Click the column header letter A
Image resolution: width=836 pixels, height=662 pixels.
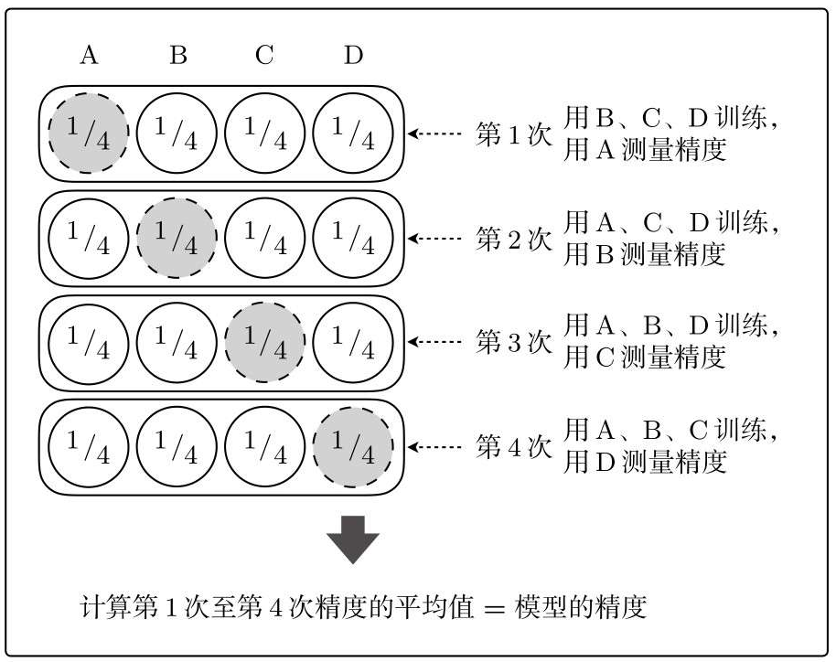point(89,56)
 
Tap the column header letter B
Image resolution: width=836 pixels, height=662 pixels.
point(178,56)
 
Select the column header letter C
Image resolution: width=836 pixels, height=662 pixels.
point(264,56)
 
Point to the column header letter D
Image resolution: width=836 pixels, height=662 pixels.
point(353,56)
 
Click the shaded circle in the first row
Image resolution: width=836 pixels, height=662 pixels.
point(89,133)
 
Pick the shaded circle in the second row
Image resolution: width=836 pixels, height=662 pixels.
point(177,238)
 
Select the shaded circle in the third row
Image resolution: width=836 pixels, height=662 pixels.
point(265,342)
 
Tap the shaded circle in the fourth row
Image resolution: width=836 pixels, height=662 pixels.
point(353,447)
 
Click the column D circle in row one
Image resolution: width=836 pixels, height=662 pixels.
point(353,133)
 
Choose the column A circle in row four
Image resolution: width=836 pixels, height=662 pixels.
point(89,447)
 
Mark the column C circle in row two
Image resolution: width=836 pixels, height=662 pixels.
point(265,238)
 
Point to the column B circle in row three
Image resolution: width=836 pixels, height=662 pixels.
point(177,342)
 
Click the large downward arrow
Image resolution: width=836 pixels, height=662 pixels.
point(353,539)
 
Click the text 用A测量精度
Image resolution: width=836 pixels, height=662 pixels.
point(645,149)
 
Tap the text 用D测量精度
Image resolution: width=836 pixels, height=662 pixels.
point(645,462)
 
